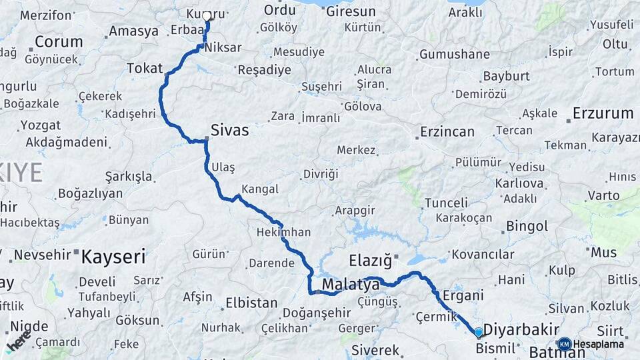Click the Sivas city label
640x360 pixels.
coord(229,130)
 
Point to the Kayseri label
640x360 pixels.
coord(113,256)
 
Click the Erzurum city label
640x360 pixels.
coord(602,113)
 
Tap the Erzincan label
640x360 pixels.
coord(447,132)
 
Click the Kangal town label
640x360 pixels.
coord(260,189)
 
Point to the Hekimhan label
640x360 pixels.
coord(284,233)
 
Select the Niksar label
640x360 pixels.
coord(223,48)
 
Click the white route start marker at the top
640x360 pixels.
coord(207,17)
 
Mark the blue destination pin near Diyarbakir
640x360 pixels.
coord(479,332)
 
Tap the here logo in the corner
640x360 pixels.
coord(17,343)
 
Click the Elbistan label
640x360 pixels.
coord(251,303)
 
